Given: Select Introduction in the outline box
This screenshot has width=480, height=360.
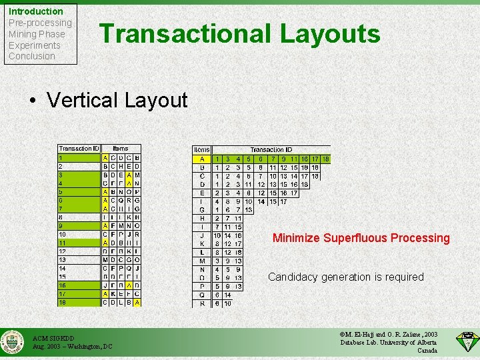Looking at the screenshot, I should [36, 11].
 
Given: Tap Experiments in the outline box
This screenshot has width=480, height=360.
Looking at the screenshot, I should [35, 45].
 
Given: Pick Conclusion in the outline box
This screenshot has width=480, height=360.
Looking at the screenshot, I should [32, 56].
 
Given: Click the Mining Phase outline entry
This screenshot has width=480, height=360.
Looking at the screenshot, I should [37, 34].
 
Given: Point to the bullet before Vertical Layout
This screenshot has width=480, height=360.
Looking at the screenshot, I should [32, 101].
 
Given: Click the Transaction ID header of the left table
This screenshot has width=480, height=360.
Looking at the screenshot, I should [79, 148].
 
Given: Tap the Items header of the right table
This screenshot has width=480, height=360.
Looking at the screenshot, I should [202, 150].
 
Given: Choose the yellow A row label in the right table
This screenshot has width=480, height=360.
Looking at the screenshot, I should [202, 159].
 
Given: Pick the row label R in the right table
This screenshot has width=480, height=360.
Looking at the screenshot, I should [202, 303].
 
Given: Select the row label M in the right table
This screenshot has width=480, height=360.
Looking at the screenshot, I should [202, 261].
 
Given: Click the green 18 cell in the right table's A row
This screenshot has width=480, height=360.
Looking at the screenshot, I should [325, 159].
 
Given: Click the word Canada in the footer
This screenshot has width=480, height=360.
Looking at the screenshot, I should [427, 351].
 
